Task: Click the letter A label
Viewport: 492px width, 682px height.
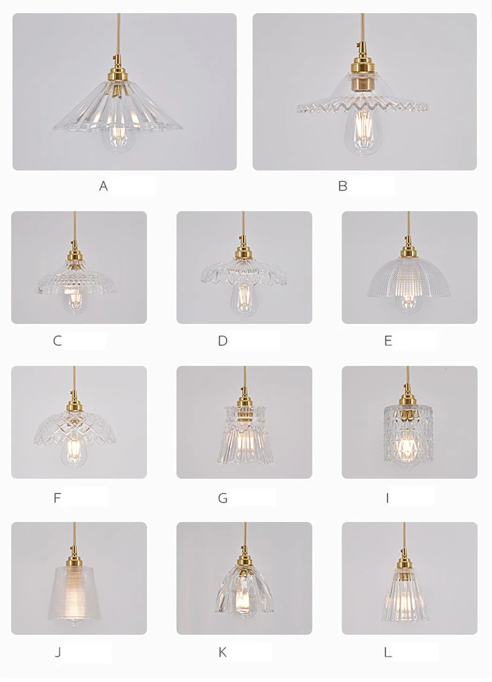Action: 103,185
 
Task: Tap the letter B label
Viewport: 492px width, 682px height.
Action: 343,185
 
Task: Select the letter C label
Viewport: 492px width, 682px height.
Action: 57,341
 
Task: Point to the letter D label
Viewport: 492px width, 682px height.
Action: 223,341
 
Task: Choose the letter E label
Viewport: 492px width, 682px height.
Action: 388,341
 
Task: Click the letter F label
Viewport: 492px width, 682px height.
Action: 57,498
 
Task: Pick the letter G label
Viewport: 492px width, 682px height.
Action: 223,498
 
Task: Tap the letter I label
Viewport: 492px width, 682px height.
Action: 387,498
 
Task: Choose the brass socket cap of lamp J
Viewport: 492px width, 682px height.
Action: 75,560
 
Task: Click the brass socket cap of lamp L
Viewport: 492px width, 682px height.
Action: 404,560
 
